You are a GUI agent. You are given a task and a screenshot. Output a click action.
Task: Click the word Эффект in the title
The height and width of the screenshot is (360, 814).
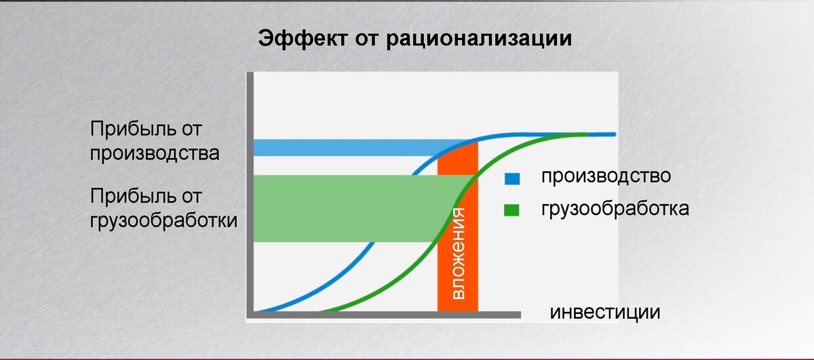pyautogui.click(x=303, y=38)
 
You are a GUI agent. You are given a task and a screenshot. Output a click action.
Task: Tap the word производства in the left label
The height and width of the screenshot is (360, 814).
pyautogui.click(x=155, y=154)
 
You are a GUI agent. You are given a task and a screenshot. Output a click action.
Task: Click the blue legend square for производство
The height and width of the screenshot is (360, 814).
pyautogui.click(x=512, y=178)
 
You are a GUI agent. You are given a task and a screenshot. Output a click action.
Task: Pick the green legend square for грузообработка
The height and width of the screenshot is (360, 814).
pyautogui.click(x=511, y=210)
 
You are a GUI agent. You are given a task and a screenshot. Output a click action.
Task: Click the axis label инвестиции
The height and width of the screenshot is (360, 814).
pyautogui.click(x=604, y=313)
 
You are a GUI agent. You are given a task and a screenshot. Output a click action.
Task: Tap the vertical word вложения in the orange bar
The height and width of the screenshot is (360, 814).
pyautogui.click(x=458, y=254)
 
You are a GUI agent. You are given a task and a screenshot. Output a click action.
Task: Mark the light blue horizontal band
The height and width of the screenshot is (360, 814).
pyautogui.click(x=345, y=148)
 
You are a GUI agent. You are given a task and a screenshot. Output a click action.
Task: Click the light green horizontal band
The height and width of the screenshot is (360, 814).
pyautogui.click(x=349, y=209)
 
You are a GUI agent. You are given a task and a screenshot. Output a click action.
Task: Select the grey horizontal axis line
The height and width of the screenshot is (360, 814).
pyautogui.click(x=384, y=315)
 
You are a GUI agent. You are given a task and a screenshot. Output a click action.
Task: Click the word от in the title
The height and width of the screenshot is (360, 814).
pyautogui.click(x=367, y=39)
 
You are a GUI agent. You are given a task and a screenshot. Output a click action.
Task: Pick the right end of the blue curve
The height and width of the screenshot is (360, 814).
pyautogui.click(x=614, y=134)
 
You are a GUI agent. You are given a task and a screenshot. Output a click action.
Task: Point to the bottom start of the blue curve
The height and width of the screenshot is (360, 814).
pyautogui.click(x=256, y=311)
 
